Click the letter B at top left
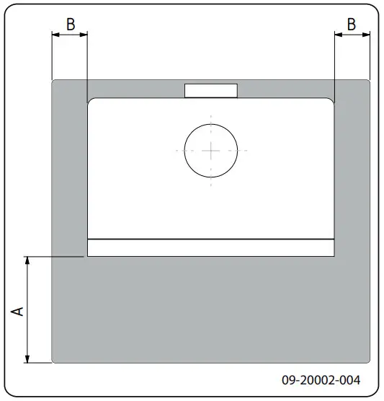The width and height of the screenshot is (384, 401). [71, 23]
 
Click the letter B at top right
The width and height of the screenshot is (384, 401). [352, 23]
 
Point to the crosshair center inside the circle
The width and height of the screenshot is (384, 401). [211, 150]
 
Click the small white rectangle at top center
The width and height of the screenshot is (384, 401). [211, 90]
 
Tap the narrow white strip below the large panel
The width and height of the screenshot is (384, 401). [210, 247]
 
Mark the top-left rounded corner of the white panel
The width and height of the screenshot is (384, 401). [90, 102]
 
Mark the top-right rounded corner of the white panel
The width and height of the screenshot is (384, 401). [331, 102]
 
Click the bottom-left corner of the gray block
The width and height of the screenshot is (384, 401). [53, 362]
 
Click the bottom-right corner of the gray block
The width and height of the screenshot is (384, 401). [369, 362]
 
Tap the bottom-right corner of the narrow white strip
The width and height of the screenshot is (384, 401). [334, 255]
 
